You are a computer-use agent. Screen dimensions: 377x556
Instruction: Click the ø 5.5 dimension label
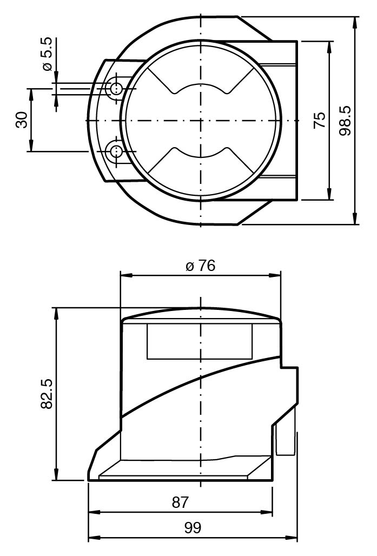click(48, 54)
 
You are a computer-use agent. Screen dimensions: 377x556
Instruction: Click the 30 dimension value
click(22, 120)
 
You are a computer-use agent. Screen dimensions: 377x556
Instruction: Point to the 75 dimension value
click(320, 120)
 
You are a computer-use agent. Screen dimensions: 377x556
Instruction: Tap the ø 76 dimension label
click(200, 266)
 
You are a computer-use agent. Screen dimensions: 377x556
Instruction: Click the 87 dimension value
click(181, 502)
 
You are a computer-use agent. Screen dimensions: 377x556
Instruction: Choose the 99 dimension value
click(193, 528)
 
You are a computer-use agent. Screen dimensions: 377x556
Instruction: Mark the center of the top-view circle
click(201, 121)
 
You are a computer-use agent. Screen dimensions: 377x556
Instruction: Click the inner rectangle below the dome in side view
click(200, 341)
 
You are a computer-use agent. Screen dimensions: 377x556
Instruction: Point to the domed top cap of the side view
click(201, 313)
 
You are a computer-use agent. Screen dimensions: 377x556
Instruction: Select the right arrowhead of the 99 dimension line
click(292, 538)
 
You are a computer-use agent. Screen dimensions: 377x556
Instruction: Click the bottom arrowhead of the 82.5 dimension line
click(56, 474)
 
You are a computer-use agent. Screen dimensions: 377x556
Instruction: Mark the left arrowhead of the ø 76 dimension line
click(127, 275)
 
